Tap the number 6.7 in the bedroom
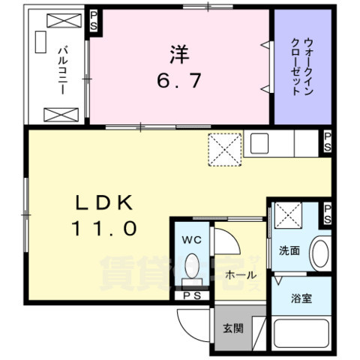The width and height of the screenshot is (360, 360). click(x=179, y=79)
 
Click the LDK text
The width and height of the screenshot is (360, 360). click(x=106, y=202)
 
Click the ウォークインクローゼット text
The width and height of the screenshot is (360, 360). click(x=301, y=67)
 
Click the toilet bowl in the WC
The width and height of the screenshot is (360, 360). click(x=192, y=267)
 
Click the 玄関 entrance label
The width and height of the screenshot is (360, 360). click(x=232, y=328)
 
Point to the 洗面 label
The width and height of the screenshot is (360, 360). click(x=290, y=250)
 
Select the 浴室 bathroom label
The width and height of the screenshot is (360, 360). click(x=303, y=297)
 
